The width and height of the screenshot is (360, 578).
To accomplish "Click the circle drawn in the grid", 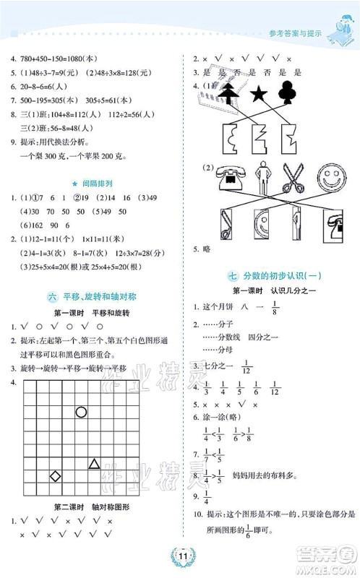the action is [x=81, y=413].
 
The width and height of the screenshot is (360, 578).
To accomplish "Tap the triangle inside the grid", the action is [x=94, y=463].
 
